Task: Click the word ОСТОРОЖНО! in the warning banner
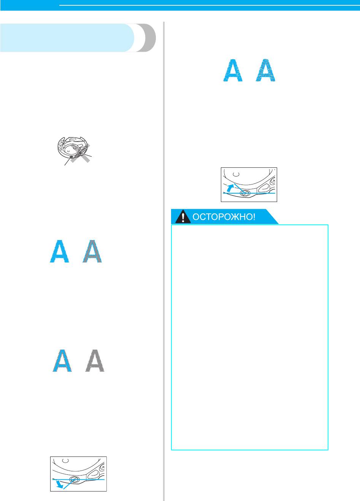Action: click(x=224, y=217)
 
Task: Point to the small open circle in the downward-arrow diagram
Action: click(x=65, y=460)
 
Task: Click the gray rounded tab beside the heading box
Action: click(x=146, y=38)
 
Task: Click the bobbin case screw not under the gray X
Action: click(x=71, y=157)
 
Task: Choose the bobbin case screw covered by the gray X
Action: click(x=80, y=153)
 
